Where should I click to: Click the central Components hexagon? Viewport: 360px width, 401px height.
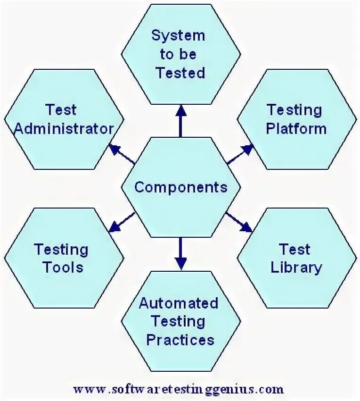tap(180, 187)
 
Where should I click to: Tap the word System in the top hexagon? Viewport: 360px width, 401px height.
tap(178, 35)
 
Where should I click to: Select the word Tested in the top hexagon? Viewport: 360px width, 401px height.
tap(180, 73)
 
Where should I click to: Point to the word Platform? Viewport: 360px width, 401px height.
tap(296, 129)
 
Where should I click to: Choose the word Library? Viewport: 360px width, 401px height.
tap(296, 267)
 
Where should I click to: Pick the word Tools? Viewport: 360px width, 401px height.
tap(63, 267)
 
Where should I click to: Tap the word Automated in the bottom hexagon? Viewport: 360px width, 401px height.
tap(179, 303)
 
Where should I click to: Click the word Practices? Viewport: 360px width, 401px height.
tap(180, 340)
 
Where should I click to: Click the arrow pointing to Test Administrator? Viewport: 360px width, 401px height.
tap(122, 154)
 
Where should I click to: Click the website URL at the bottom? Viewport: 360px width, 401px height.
tap(179, 389)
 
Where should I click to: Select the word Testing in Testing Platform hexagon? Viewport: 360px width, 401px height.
tap(295, 110)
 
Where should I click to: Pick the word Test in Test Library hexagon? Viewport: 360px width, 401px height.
tap(295, 249)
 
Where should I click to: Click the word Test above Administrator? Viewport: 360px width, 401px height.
tap(61, 110)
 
